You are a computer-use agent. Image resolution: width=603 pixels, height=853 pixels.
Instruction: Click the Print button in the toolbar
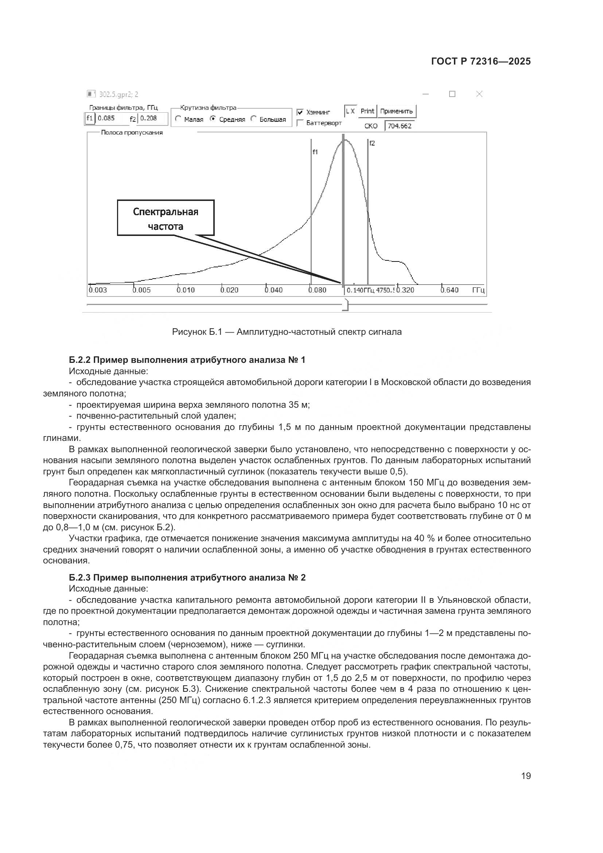pyautogui.click(x=367, y=111)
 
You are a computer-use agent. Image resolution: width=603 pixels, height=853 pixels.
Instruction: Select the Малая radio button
pyautogui.click(x=178, y=119)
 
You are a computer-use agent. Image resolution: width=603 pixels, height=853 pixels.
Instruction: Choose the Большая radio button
pyautogui.click(x=254, y=119)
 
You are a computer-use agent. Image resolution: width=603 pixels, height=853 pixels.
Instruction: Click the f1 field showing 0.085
pyautogui.click(x=111, y=119)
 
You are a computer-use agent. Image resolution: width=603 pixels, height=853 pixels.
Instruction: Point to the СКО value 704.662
pyautogui.click(x=400, y=126)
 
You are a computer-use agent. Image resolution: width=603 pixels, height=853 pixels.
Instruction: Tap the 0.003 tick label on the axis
pyautogui.click(x=98, y=290)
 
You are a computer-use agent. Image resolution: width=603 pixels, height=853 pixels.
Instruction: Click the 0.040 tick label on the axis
pyautogui.click(x=274, y=290)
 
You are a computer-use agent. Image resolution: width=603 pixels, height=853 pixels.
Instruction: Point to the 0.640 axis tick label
pyautogui.click(x=449, y=290)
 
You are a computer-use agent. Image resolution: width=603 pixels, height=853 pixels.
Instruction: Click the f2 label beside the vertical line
pyautogui.click(x=372, y=143)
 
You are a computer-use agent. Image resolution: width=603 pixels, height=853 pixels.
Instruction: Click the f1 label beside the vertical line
pyautogui.click(x=315, y=152)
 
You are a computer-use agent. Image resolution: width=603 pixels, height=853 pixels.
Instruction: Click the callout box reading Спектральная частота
pyautogui.click(x=166, y=218)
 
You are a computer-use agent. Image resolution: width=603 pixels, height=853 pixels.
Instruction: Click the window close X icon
pyautogui.click(x=479, y=94)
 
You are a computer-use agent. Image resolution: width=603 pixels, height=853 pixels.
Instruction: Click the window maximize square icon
pyautogui.click(x=452, y=94)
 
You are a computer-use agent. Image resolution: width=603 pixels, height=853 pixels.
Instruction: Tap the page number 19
pyautogui.click(x=526, y=776)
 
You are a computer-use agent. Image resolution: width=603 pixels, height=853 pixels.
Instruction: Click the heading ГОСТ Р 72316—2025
pyautogui.click(x=481, y=62)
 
